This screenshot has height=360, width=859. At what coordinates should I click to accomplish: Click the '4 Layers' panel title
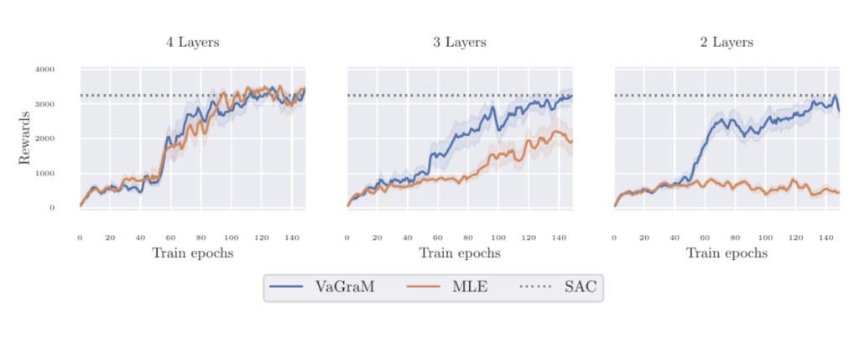[x=192, y=42]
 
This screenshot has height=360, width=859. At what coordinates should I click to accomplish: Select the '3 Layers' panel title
[x=460, y=42]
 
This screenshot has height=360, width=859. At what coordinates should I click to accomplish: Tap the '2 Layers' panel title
[x=726, y=42]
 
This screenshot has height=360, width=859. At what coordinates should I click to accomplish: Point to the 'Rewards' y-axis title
[x=25, y=138]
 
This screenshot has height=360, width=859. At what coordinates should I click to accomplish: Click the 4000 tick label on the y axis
[x=46, y=69]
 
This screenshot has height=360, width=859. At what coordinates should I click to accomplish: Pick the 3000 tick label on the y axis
[x=46, y=104]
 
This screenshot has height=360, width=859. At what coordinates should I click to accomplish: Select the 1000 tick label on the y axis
[x=46, y=174]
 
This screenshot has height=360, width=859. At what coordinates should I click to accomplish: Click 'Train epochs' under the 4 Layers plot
[x=192, y=253]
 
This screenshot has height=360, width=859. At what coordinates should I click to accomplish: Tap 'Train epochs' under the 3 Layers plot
[x=460, y=253]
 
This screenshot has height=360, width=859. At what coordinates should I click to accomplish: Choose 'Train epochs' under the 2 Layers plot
[x=726, y=253]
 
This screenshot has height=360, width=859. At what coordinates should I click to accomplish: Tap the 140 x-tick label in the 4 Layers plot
[x=291, y=237]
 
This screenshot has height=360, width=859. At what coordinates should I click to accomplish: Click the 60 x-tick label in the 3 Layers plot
[x=438, y=237]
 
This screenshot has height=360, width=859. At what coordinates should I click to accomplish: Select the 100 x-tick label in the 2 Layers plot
[x=765, y=237]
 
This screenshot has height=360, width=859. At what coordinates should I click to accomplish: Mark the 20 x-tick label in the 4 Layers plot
[x=110, y=237]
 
